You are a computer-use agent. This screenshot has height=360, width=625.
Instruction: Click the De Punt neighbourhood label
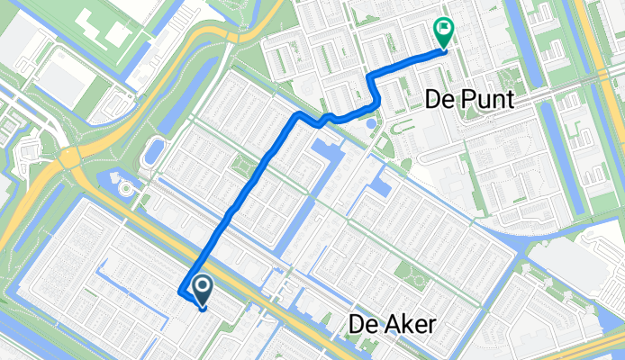point(466,99)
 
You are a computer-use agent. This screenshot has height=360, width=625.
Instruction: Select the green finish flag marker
point(443,32)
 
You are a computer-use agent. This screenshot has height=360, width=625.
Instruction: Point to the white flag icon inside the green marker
point(443,29)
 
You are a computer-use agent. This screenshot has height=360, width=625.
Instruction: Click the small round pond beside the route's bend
point(368,121)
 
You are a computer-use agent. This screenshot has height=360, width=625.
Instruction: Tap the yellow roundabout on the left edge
point(68,159)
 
